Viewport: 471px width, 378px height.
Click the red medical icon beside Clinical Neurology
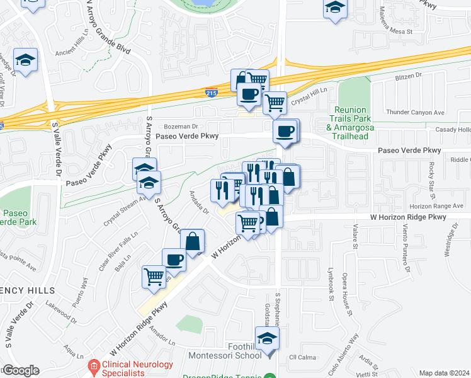click(94, 365)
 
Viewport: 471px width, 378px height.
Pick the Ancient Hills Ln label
click(74, 54)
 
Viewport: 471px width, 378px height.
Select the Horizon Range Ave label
click(436, 206)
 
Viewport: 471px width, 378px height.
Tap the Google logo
click(20, 370)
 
